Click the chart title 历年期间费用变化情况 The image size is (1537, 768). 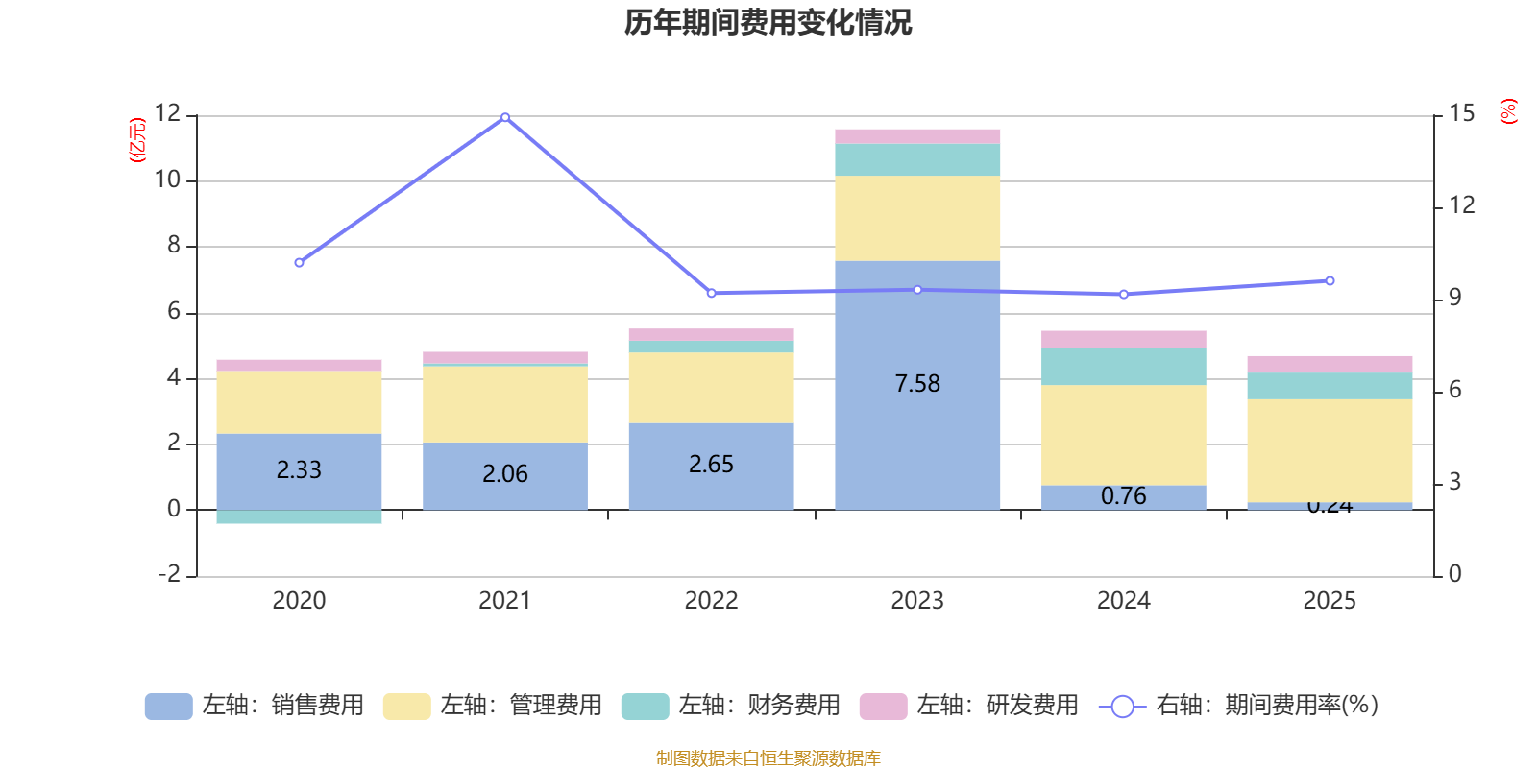768,22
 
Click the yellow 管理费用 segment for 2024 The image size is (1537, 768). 1123,435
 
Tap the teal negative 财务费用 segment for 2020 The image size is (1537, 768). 299,517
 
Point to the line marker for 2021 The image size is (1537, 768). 505,117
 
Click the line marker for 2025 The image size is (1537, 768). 1330,281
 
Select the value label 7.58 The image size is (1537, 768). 917,384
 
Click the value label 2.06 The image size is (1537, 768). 505,473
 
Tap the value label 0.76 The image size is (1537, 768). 1123,496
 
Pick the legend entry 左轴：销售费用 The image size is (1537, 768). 256,706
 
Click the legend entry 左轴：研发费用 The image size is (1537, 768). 970,706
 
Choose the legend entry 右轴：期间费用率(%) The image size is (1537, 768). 1239,706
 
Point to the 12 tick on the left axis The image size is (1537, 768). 167,114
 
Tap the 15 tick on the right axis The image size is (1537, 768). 1462,114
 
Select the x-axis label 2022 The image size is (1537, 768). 711,601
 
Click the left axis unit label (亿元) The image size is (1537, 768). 137,140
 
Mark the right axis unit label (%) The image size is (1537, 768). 1508,111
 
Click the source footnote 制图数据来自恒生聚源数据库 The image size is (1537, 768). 768,758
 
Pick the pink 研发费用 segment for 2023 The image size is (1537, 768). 917,136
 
